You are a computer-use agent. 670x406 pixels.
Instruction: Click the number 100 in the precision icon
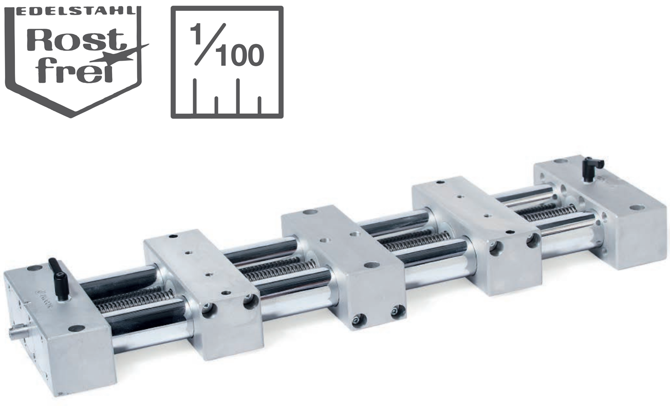[x=241, y=56]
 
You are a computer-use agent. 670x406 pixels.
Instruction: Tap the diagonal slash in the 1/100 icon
[x=210, y=44]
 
